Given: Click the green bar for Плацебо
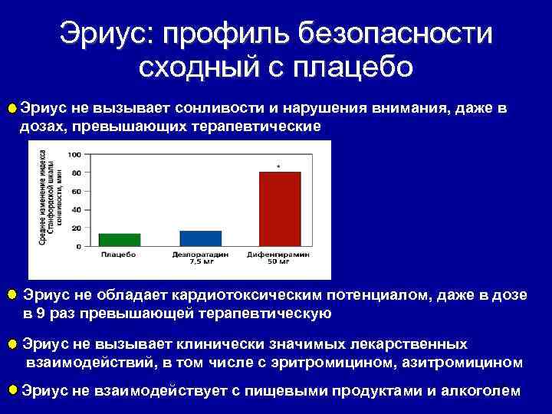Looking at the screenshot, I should (120, 240).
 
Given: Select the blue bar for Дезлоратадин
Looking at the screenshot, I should (200, 238).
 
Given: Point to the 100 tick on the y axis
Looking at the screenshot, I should (75, 155).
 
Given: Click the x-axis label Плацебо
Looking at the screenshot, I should (120, 254).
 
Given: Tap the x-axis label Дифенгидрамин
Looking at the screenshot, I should (279, 254).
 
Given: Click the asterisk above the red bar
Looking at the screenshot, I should (278, 166).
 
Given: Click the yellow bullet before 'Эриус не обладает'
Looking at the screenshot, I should (11, 295).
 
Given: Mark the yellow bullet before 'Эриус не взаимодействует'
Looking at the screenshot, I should (11, 390).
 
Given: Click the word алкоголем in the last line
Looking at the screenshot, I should (479, 391).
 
